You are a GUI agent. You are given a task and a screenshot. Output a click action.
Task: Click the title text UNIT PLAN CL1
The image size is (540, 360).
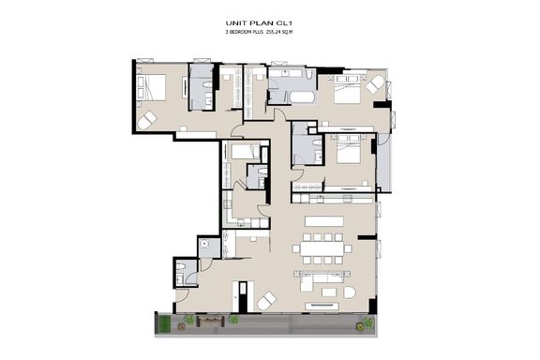pyautogui.click(x=261, y=23)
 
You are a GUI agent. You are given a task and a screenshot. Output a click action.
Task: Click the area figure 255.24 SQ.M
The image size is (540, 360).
pyautogui.click(x=279, y=32)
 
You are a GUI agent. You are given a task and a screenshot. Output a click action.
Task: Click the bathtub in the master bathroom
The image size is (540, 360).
pyautogui.click(x=302, y=97)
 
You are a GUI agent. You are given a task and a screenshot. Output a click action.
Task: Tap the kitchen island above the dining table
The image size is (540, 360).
pyautogui.click(x=324, y=221)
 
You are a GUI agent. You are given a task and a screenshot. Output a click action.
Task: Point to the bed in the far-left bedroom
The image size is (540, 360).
pyautogui.click(x=151, y=87)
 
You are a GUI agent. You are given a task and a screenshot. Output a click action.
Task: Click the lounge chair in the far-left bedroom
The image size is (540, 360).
pyautogui.click(x=147, y=120)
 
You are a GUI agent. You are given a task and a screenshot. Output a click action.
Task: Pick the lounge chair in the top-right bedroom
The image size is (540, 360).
pyautogui.click(x=375, y=84)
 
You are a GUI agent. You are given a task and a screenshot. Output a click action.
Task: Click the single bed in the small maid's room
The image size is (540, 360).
pyautogui.click(x=245, y=152)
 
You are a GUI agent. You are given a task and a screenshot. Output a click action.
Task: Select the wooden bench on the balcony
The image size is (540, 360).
pyautogui.click(x=210, y=322)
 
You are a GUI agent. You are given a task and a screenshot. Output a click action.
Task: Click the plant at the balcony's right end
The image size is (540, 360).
pyautogui.click(x=365, y=324)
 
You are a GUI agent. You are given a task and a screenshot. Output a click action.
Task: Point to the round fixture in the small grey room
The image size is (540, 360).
pyautogui.click(x=204, y=244)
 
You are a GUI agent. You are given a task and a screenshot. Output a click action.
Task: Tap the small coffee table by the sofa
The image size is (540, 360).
pyautogui.click(x=328, y=292)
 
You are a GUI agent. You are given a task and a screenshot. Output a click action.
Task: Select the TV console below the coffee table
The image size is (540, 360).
pyautogui.click(x=322, y=306)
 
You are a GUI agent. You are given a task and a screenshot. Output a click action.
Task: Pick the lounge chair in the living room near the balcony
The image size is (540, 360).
pyautogui.click(x=267, y=300)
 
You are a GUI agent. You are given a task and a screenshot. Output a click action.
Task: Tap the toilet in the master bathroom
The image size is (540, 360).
pyautogui.click(x=309, y=73)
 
